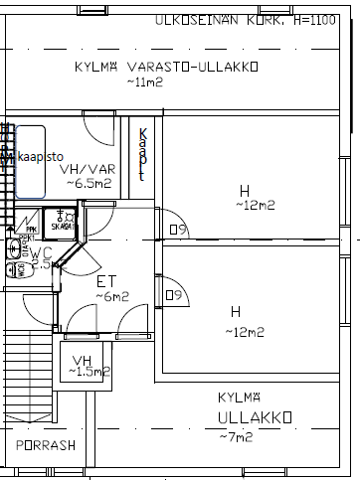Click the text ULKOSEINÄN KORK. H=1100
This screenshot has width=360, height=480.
pos(253,20)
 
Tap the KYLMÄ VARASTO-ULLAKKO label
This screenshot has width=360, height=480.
pos(166,68)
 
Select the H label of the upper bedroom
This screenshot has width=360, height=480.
pos(244,191)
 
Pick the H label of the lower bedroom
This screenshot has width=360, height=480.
pos(236,311)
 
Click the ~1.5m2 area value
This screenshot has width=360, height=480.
pos(87,372)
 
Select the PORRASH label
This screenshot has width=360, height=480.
pos(46,445)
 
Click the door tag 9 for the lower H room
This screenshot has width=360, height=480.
pos(174,295)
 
